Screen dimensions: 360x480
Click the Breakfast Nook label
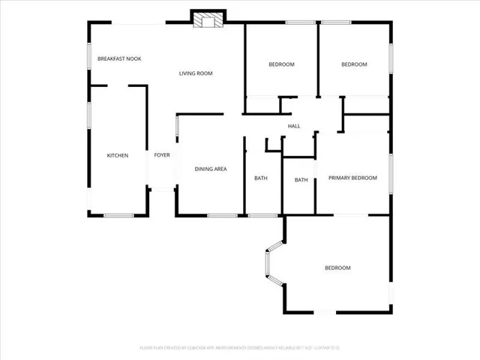[119, 58]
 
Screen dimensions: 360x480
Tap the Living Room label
[196, 73]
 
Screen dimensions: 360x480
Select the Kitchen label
[118, 155]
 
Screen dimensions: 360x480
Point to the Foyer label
[162, 155]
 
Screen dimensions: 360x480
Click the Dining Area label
[211, 169]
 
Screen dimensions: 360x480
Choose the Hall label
[294, 126]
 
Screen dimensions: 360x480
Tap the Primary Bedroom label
[352, 178]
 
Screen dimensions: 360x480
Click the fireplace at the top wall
[207, 19]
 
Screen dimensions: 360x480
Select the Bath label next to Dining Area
[261, 178]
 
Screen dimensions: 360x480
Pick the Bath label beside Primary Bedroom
[301, 180]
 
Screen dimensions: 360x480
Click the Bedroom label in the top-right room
[354, 64]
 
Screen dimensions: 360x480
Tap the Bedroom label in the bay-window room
[337, 268]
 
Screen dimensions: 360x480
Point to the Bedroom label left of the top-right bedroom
[282, 64]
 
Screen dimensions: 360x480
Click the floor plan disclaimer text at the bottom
[240, 348]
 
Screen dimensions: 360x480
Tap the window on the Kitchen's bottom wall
[118, 216]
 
